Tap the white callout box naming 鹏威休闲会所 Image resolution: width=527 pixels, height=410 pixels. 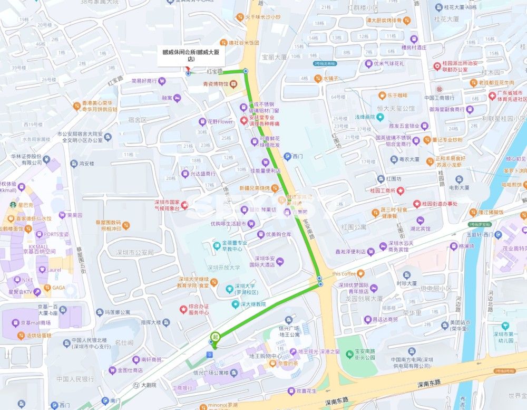[x=190, y=56]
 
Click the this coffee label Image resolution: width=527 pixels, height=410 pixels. [x=344, y=273]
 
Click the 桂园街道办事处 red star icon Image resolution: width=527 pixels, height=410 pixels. [x=417, y=203]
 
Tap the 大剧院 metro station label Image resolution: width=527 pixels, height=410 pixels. [x=149, y=385]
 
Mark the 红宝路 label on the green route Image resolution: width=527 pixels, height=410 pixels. [x=215, y=71]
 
